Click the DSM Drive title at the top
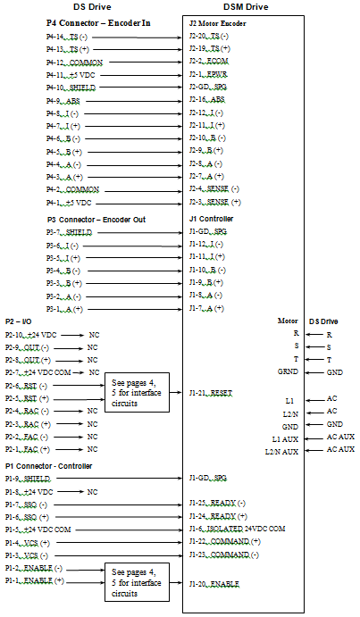(x=246, y=7)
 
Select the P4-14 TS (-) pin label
(x=67, y=38)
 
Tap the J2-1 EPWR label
(x=208, y=74)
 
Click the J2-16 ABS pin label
(x=207, y=99)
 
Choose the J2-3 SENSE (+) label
(x=215, y=203)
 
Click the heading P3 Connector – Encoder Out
(x=96, y=220)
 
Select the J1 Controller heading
(x=211, y=219)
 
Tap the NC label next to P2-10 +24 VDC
(x=94, y=335)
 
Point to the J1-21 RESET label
(x=211, y=394)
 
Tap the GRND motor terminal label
(x=288, y=371)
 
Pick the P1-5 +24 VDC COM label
(x=38, y=529)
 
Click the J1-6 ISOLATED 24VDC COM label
(x=237, y=529)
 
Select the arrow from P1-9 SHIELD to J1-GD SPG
(x=120, y=479)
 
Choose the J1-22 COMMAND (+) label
(x=225, y=542)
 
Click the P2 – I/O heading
(x=19, y=321)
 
